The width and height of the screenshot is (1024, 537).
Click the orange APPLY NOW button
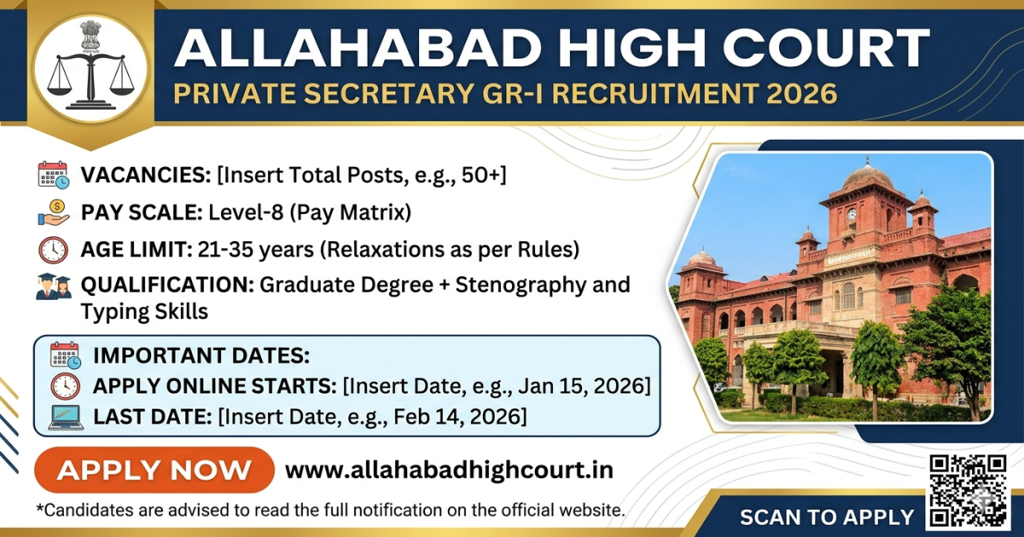(x=154, y=471)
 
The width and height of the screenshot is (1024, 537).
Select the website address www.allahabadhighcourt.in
(x=449, y=471)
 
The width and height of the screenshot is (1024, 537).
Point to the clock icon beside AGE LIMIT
(x=54, y=250)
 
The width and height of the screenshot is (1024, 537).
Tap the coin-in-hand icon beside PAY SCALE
(x=54, y=212)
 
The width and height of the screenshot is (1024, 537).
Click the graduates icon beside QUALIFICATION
(x=54, y=286)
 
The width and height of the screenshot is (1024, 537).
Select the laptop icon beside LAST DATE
(x=66, y=417)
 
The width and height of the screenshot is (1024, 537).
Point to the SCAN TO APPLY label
(x=826, y=517)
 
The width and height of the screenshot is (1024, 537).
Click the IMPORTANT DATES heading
(x=201, y=355)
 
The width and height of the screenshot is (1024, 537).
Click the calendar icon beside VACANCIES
(x=54, y=175)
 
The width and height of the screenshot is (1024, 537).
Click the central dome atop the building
(x=867, y=176)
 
